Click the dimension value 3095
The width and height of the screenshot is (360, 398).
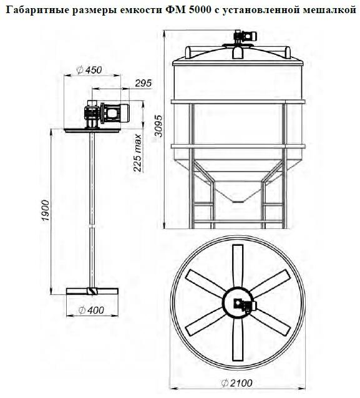[158, 126]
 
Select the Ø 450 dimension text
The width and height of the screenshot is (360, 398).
[89, 70]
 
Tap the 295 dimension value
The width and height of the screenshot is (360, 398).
[143, 83]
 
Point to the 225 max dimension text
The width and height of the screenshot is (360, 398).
[137, 153]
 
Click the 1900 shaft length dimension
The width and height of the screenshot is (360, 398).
[46, 211]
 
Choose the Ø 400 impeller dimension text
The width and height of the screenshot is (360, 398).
[91, 310]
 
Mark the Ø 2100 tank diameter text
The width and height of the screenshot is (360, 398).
[236, 383]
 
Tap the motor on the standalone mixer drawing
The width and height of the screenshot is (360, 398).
[115, 112]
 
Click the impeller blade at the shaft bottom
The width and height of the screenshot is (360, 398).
[92, 291]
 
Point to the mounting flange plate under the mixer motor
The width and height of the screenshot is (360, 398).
[92, 130]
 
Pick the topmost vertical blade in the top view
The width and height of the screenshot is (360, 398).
[238, 266]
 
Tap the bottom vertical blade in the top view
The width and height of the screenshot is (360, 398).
[238, 339]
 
